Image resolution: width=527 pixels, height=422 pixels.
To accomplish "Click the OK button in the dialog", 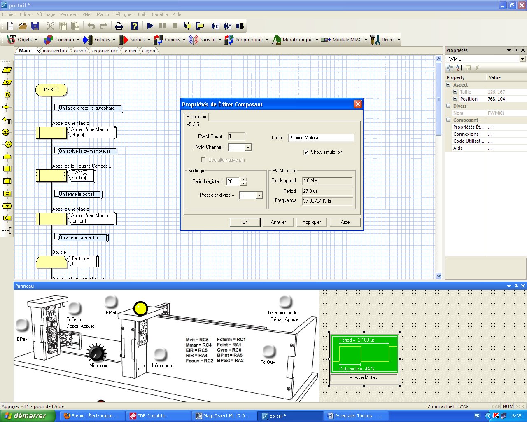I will [245, 222].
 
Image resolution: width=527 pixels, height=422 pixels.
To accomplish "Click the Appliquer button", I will [312, 222].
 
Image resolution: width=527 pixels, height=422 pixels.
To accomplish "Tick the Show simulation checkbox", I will [306, 152].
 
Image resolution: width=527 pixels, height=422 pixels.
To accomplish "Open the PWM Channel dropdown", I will [248, 148].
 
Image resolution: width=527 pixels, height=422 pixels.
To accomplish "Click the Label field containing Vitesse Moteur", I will [321, 138].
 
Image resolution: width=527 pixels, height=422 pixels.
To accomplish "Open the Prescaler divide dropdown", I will [259, 195].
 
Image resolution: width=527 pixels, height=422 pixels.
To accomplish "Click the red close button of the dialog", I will [358, 104].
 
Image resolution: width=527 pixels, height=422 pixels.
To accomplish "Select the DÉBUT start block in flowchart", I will [51, 90].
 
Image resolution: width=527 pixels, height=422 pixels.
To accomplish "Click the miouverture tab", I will [56, 51].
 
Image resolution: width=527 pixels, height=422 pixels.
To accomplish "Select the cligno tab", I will [149, 51].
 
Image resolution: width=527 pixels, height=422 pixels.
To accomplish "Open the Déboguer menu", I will [123, 14].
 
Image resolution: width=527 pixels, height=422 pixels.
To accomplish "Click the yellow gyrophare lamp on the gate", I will [140, 308].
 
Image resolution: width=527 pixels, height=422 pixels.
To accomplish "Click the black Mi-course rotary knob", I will [97, 353].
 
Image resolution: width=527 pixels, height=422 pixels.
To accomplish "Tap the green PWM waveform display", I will [364, 354].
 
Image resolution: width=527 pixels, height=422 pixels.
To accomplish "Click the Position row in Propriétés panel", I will [469, 99].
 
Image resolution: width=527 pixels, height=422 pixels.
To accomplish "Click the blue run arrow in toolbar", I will [150, 26].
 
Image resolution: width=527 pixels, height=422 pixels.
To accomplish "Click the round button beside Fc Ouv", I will [269, 351].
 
